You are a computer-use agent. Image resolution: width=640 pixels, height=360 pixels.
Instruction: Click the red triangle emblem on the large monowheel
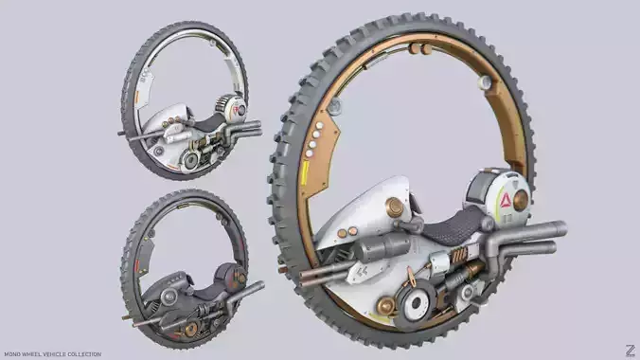click(x=506, y=201)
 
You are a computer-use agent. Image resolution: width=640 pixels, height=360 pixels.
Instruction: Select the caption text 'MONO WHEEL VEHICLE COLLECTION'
click(x=52, y=354)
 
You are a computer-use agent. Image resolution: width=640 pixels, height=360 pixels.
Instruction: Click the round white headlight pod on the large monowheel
click(x=500, y=199)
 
